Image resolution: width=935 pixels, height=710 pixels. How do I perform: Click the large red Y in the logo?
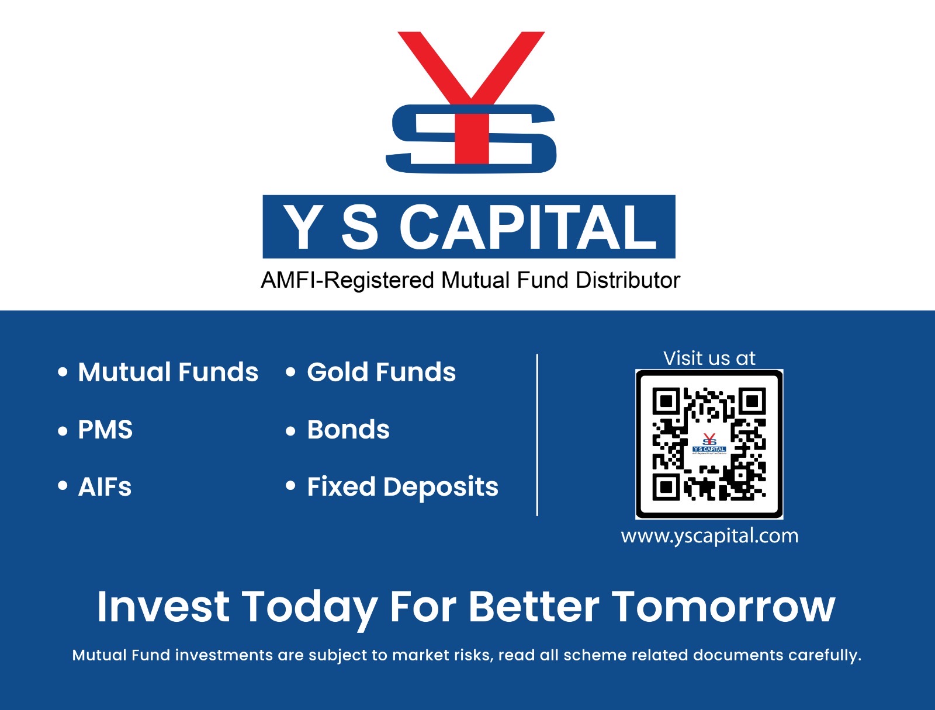click(x=471, y=85)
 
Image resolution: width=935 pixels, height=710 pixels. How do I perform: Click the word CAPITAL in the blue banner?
click(x=528, y=227)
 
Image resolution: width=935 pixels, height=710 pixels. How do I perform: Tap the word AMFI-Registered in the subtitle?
click(x=348, y=281)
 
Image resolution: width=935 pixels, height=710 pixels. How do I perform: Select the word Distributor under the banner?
click(x=628, y=280)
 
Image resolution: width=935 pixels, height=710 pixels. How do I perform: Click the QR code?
click(x=709, y=444)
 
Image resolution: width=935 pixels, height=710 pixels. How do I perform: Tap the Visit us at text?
click(x=709, y=359)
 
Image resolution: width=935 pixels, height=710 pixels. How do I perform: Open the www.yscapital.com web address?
click(x=709, y=537)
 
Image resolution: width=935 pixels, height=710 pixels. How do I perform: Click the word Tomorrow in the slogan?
click(x=723, y=607)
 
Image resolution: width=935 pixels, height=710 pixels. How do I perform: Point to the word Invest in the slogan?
click(x=163, y=607)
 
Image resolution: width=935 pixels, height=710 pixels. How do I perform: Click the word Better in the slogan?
click(x=534, y=607)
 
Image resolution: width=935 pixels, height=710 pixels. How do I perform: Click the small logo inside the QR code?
click(x=709, y=444)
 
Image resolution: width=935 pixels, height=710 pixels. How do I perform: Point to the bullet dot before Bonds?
click(x=290, y=431)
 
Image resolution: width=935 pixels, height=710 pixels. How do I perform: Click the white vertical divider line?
click(x=537, y=435)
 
